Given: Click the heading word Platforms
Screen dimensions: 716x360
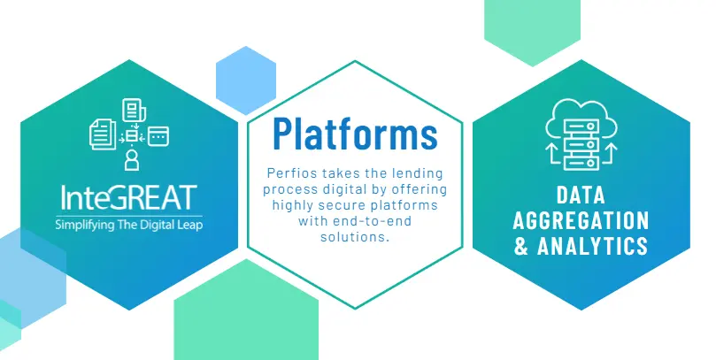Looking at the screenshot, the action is pos(355,134).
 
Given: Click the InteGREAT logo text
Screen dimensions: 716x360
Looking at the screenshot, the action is pos(129,197).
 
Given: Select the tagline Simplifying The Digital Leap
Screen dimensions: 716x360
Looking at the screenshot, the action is pos(129,225).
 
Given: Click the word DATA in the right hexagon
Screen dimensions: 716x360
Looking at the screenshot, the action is pos(581,195).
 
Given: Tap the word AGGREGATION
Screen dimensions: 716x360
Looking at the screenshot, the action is pos(581,220).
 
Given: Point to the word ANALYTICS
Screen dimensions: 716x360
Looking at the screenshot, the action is pos(593,246).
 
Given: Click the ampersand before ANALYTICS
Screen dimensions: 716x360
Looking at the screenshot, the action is pos(521,246).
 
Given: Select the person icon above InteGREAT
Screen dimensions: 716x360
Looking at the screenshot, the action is pos(132,160).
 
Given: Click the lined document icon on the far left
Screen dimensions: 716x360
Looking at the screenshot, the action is pos(104,134).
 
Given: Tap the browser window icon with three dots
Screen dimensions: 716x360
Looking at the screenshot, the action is pos(158,136).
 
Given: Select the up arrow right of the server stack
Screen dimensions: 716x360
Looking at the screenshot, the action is pos(609,154).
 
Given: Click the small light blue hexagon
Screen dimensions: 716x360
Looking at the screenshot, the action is pos(246,80).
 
